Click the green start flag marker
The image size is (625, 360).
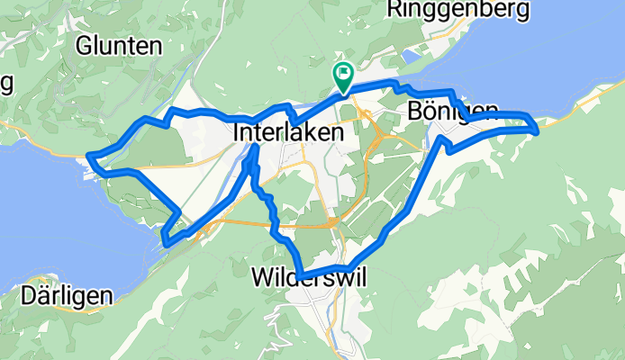click(x=343, y=76)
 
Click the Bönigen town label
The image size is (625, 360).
click(x=452, y=112)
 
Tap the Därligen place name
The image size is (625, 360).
click(x=67, y=296)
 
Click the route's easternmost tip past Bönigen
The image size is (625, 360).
click(x=537, y=130)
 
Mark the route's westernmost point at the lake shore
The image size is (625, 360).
click(x=90, y=159)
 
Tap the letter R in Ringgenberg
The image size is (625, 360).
click(x=394, y=10)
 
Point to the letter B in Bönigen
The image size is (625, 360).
click(x=414, y=112)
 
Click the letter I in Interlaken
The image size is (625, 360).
click(x=235, y=131)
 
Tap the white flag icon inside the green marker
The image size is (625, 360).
click(x=344, y=73)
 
